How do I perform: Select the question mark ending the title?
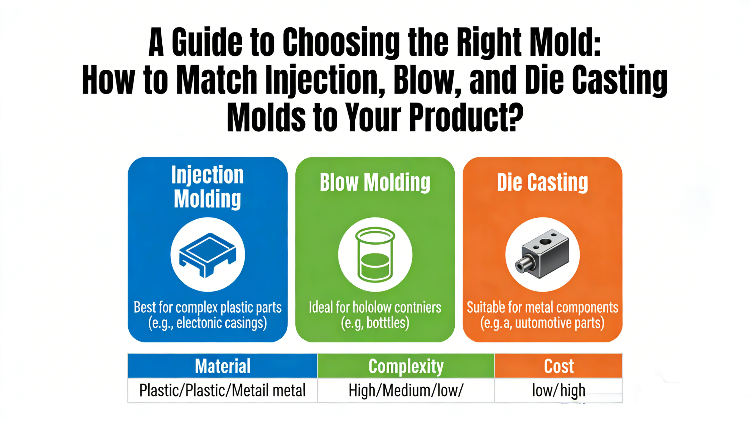513,117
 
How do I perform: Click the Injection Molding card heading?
207,187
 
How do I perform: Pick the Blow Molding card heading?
375,183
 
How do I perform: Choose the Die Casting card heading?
542,183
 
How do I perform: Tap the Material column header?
223,366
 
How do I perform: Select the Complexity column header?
406,366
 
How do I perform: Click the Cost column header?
559,366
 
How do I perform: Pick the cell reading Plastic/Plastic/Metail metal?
223,390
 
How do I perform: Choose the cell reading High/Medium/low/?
406,390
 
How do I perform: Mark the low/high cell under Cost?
559,390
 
